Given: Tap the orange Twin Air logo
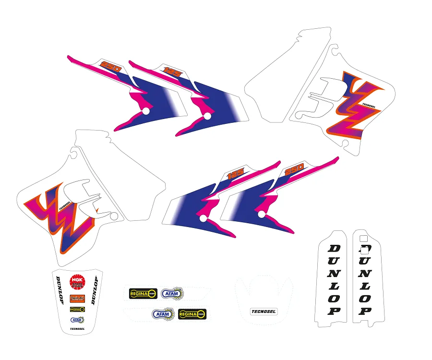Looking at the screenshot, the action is tap(75, 298).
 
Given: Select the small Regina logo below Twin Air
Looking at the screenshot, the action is tap(77, 310).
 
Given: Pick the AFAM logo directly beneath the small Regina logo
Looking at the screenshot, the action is tap(77, 319).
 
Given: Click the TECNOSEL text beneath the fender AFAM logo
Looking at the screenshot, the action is tap(77, 329).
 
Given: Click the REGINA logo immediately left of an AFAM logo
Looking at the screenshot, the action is tap(143, 293).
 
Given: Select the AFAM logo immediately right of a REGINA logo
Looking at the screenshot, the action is tap(172, 293).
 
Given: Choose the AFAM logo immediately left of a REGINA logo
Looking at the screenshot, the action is tap(163, 314).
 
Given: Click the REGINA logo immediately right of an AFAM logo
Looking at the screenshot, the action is tap(192, 314).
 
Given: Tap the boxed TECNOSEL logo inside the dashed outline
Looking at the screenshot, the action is tap(264, 311).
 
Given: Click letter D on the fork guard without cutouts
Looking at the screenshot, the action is tap(334, 248).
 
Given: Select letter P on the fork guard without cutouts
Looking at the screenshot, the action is tap(334, 311).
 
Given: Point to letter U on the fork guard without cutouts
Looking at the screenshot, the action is tap(334, 261).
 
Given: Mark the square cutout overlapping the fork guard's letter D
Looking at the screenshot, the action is tap(364, 249).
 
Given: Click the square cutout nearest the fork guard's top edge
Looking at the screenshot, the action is tap(363, 238).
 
